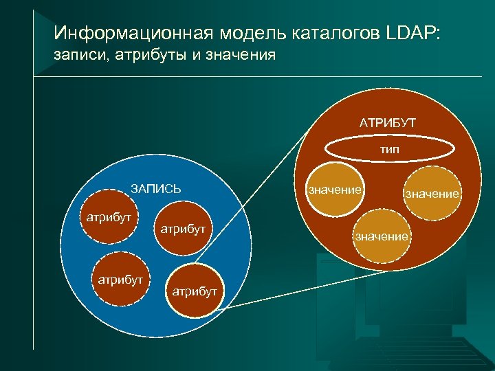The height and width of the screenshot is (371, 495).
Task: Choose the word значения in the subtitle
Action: [240, 55]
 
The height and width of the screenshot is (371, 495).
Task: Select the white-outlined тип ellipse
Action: [390, 148]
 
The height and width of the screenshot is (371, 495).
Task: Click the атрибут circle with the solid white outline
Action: [195, 291]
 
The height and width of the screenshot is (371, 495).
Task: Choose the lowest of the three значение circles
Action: [382, 236]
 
